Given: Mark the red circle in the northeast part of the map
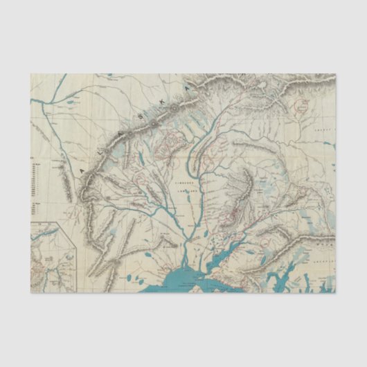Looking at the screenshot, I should click(301, 106).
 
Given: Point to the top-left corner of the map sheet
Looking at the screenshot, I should click(31, 74).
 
